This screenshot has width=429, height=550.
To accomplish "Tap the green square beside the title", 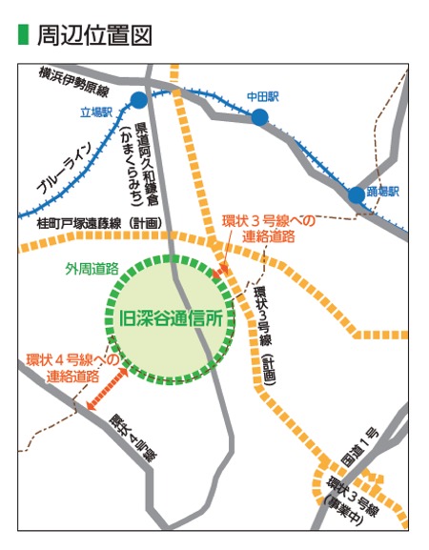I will (24, 35).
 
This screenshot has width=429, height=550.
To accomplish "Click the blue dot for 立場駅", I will (139, 99).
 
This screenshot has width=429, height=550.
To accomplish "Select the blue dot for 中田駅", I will (259, 116).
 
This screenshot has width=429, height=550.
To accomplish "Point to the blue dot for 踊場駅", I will (356, 194).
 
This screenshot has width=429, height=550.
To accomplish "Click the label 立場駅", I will (98, 112).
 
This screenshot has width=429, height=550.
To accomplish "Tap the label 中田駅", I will (260, 96).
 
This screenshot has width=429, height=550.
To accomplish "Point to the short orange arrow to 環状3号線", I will (222, 273).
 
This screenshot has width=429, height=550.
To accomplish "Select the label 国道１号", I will (367, 447).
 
